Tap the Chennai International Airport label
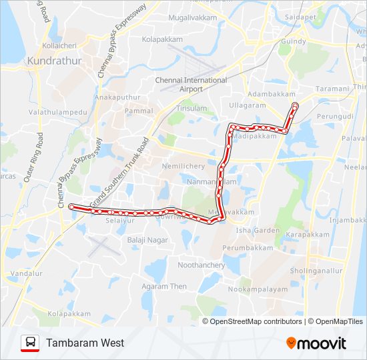click(191, 84)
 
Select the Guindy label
click(294, 41)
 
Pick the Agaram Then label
click(164, 287)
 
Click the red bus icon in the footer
click(30, 343)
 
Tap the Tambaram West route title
click(85, 343)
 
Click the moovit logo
click(316, 343)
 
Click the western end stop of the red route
click(71, 207)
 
